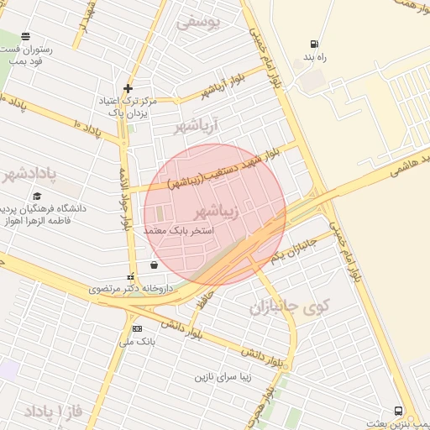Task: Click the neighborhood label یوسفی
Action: tap(198, 23)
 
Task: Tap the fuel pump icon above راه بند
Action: tap(314, 45)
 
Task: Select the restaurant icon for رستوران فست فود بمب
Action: tap(26, 37)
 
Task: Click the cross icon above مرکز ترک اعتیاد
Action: tap(128, 87)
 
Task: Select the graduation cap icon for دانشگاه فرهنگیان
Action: tap(38, 196)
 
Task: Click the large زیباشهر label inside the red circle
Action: tap(217, 210)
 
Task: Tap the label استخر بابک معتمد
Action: tap(179, 229)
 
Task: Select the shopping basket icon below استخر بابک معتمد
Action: tap(153, 265)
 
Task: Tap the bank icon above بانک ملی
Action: tap(137, 328)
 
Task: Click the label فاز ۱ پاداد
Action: tap(51, 411)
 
